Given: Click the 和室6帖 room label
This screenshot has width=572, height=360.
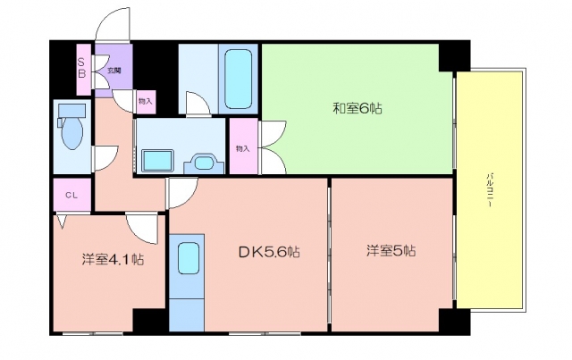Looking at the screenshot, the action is (357, 108).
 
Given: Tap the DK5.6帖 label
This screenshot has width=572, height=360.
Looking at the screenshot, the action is (269, 252).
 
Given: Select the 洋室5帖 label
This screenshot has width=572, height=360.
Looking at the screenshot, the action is (391, 251).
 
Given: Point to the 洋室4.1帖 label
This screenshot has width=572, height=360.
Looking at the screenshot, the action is (113, 259).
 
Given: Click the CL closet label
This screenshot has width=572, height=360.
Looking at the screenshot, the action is (71, 196).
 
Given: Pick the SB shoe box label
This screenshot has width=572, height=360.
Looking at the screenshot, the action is (81, 68).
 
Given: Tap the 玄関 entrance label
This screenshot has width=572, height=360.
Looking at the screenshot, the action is (114, 71).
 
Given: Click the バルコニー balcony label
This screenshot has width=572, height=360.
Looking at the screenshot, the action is (490, 190).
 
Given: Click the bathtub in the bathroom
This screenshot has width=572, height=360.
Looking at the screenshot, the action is (239, 80).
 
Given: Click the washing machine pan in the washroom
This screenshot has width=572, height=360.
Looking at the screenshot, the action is (157, 161).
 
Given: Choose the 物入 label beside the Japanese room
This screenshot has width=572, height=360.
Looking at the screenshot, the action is (243, 148).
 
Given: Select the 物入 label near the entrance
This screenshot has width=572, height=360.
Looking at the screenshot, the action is (145, 101).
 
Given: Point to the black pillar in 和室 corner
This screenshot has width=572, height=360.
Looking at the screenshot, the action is (454, 55).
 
